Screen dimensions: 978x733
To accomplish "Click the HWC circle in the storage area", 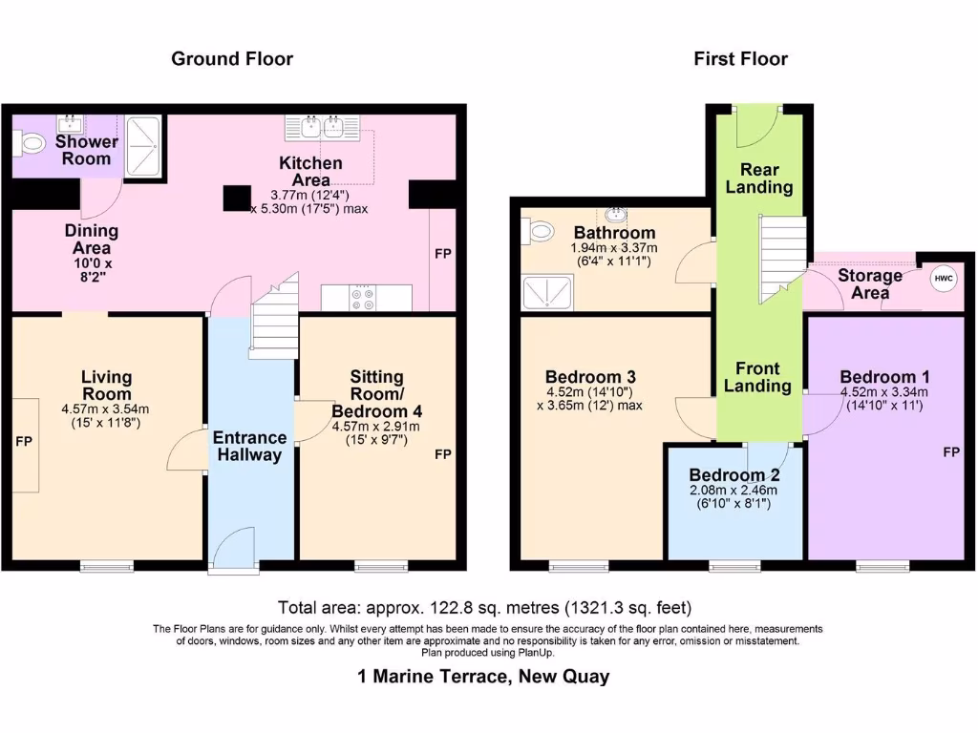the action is [943, 279].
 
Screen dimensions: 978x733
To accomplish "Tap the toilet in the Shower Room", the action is [30, 145].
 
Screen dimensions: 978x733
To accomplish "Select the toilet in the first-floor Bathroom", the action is [538, 232].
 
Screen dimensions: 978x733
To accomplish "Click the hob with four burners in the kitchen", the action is [363, 298].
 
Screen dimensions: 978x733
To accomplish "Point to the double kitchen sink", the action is [323, 127].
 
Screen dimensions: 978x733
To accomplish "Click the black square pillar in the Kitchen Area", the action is [237, 199].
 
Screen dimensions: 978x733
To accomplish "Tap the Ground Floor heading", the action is [232, 58].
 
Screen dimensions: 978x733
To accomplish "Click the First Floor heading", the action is [740, 58].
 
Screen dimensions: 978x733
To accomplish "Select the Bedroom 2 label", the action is [734, 475].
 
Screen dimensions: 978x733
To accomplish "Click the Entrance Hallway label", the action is [249, 447].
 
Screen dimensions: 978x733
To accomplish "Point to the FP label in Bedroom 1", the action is [951, 451].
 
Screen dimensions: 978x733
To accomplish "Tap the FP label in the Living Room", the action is [24, 441].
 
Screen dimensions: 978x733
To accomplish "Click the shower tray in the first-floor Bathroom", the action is [547, 293].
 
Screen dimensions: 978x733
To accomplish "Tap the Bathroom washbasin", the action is [616, 215].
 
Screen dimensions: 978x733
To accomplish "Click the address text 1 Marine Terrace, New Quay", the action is [483, 677].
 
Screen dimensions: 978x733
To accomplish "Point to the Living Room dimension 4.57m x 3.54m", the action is [105, 409].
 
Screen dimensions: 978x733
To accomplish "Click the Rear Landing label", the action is [759, 178].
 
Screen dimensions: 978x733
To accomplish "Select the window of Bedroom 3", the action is [579, 566].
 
